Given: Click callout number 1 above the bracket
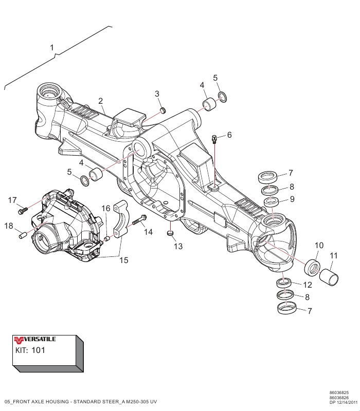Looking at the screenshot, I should coord(52,47).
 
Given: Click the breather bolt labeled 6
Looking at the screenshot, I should coord(214,138).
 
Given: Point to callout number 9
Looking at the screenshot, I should coord(292,199).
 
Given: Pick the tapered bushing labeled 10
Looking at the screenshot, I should coord(312,267).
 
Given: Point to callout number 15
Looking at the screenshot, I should coord(124,260).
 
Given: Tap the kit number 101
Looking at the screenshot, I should coord(39,351).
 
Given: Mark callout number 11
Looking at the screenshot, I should coord(333,255).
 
